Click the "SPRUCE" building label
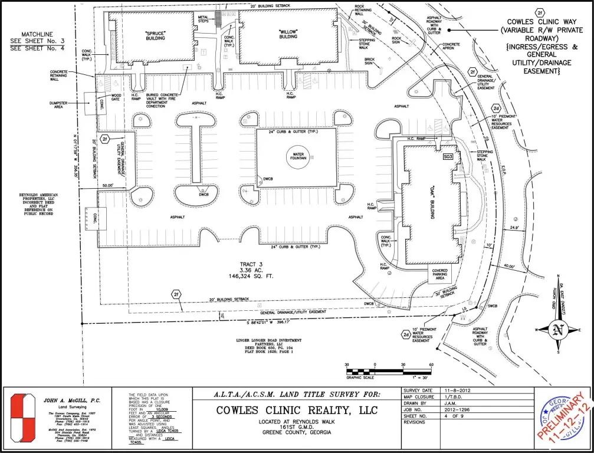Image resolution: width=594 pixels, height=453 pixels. [156, 35]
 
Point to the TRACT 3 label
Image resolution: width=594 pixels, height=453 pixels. [255, 264]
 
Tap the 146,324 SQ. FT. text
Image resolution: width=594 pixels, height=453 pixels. [255, 275]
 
